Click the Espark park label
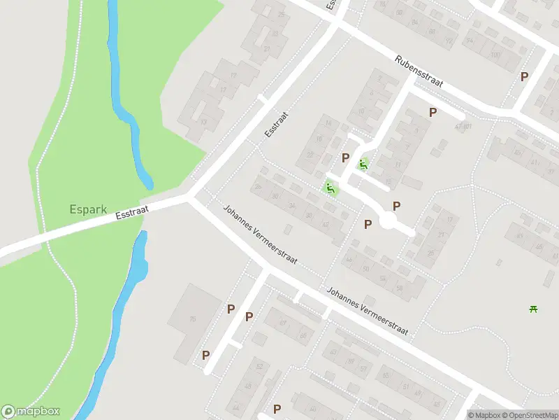tap(86, 209)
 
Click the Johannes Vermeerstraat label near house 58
tap(367, 311)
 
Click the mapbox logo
tap(31, 412)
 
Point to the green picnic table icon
tap(535, 309)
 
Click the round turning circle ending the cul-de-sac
tap(388, 222)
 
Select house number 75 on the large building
tap(192, 319)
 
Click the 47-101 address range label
tap(463, 127)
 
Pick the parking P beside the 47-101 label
tap(433, 112)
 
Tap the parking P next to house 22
tap(345, 157)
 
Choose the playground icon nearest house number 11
tap(362, 165)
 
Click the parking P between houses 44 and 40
tap(368, 224)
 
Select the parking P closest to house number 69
tap(249, 316)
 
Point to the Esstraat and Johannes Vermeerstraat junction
tap(191, 198)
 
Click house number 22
tap(310, 155)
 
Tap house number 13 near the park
tap(203, 122)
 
